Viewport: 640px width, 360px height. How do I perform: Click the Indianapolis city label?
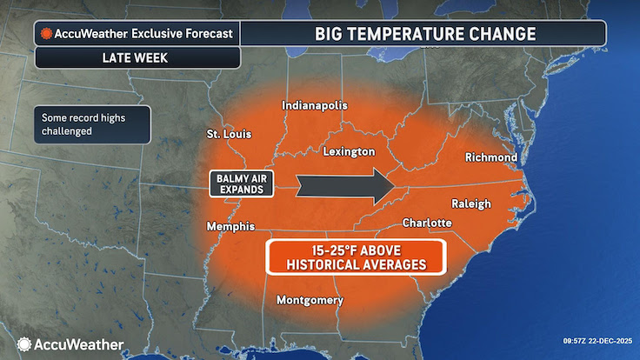coord(314,106)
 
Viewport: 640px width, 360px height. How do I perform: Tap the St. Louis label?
coord(230,135)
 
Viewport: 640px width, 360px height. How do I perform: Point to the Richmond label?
coord(491,157)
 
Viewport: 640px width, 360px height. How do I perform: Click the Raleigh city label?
coord(470,203)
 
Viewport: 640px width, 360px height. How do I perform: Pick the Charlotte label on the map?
coord(426,223)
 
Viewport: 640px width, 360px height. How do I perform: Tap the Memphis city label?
coord(230,226)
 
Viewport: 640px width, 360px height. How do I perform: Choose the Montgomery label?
coord(310,301)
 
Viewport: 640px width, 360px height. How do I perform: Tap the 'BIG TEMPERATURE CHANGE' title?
coord(423,34)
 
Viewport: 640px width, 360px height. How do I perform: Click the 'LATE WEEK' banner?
coord(137,57)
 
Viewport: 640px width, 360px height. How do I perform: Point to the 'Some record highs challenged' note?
coord(91,124)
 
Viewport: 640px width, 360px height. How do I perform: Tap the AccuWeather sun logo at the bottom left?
coord(24,344)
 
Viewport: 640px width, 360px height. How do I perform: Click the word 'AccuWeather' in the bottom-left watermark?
coord(78,344)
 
